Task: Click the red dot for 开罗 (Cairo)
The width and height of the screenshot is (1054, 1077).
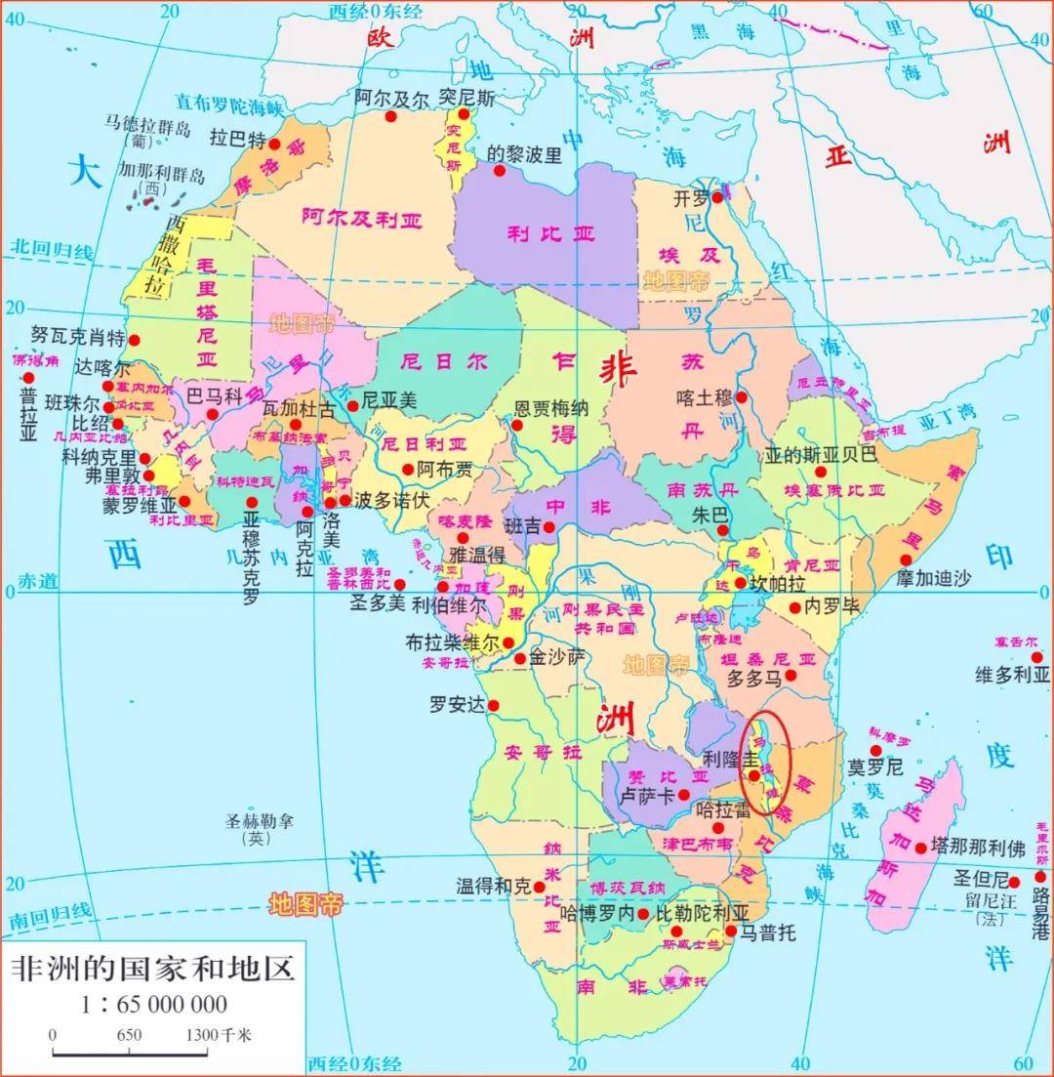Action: (x=717, y=197)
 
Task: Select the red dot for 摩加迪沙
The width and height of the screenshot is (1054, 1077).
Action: (x=906, y=560)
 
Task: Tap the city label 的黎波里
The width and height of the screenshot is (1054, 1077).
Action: (x=524, y=153)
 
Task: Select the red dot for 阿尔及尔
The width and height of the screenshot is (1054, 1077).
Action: (x=390, y=116)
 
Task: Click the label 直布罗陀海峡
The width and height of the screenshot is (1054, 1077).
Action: (x=228, y=102)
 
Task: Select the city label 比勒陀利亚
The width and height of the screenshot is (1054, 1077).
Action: (x=701, y=913)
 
